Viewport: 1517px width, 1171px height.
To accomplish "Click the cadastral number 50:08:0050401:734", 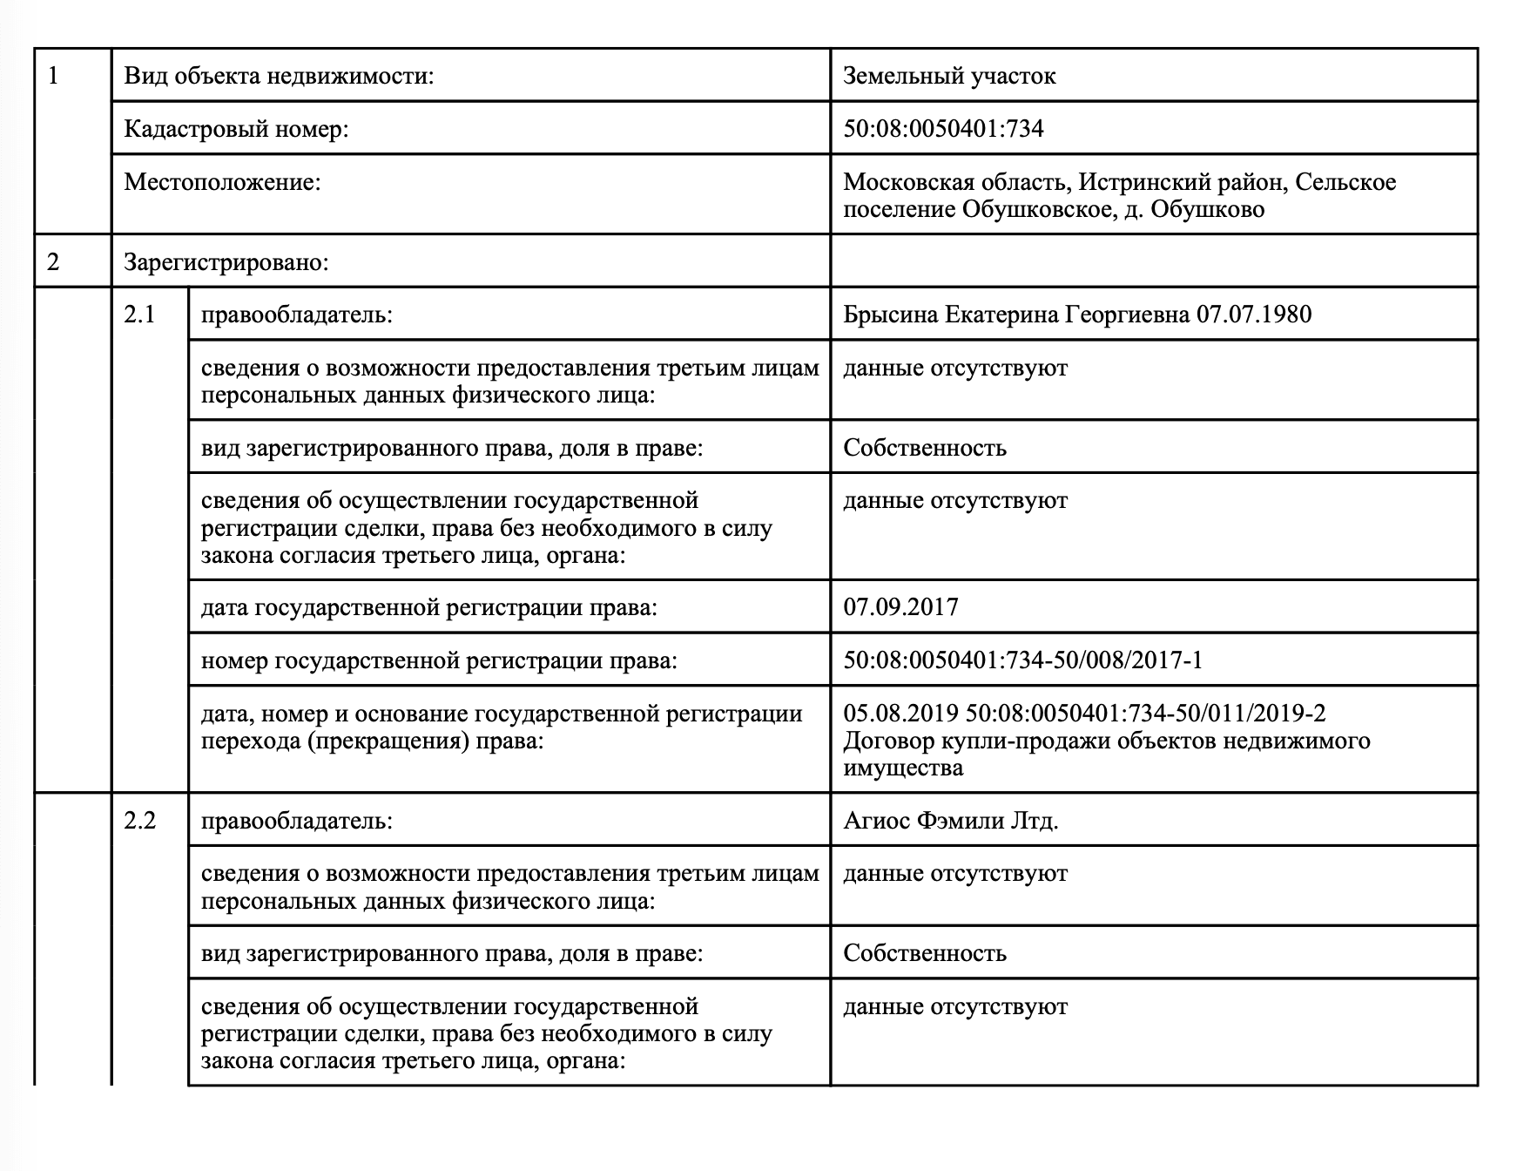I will click(943, 129).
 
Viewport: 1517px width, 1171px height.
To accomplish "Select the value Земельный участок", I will click(949, 76).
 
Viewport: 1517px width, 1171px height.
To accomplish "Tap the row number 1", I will click(54, 76).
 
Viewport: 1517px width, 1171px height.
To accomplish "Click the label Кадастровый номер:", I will click(236, 129).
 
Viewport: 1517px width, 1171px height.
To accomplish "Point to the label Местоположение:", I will click(222, 182).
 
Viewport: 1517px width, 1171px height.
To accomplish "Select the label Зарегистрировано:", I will click(226, 261).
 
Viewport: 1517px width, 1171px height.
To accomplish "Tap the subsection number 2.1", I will click(139, 314).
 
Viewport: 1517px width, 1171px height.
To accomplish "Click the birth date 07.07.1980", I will click(1254, 314).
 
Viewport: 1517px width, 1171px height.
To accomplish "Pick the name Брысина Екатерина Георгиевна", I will click(1016, 314).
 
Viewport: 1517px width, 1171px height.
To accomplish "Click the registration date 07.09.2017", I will click(900, 606).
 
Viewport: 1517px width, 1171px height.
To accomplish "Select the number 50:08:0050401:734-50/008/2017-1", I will click(1022, 660).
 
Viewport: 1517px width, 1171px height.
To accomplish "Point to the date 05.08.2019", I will click(900, 714).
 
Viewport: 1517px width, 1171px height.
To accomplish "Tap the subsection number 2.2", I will click(139, 820).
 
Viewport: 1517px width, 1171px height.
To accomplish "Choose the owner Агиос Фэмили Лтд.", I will click(950, 820).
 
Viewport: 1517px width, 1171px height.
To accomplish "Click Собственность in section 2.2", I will click(924, 952).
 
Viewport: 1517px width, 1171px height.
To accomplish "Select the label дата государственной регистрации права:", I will click(428, 606).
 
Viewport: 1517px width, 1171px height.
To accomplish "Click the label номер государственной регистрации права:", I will click(439, 660).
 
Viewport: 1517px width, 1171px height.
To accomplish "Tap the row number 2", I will click(54, 261).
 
